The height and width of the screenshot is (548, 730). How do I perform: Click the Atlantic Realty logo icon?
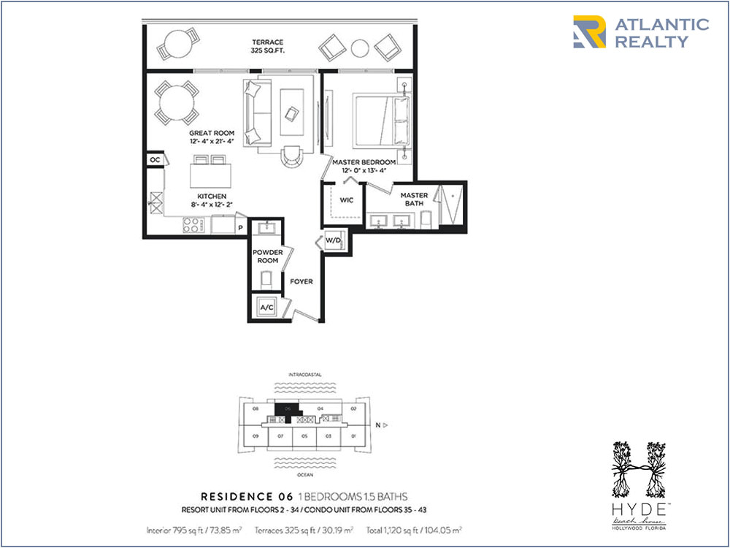click(x=589, y=32)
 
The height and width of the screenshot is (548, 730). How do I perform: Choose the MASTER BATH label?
click(x=414, y=199)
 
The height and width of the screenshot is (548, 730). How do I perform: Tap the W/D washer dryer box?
click(x=333, y=240)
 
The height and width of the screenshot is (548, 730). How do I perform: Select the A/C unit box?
click(x=266, y=308)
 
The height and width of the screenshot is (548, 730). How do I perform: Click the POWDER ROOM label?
click(x=266, y=256)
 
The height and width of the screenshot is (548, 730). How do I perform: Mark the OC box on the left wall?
click(x=155, y=160)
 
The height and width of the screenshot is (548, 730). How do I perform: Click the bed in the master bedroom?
click(x=381, y=121)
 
